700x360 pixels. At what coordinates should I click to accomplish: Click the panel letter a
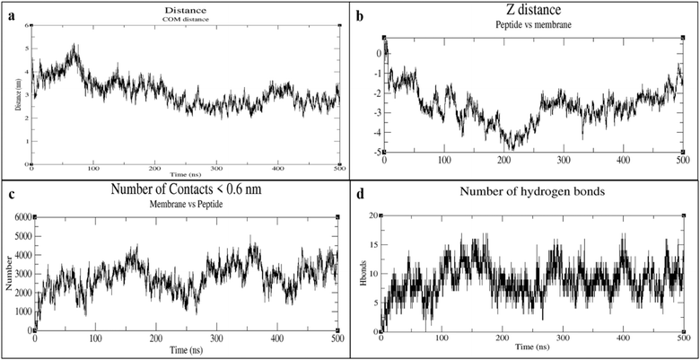10,14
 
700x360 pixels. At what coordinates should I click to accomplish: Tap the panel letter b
360,15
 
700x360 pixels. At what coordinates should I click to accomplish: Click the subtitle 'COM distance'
186,18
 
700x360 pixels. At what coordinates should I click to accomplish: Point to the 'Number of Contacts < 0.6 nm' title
186,190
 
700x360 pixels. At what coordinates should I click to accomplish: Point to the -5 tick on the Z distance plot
377,152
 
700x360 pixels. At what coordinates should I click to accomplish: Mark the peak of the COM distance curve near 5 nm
75,45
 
